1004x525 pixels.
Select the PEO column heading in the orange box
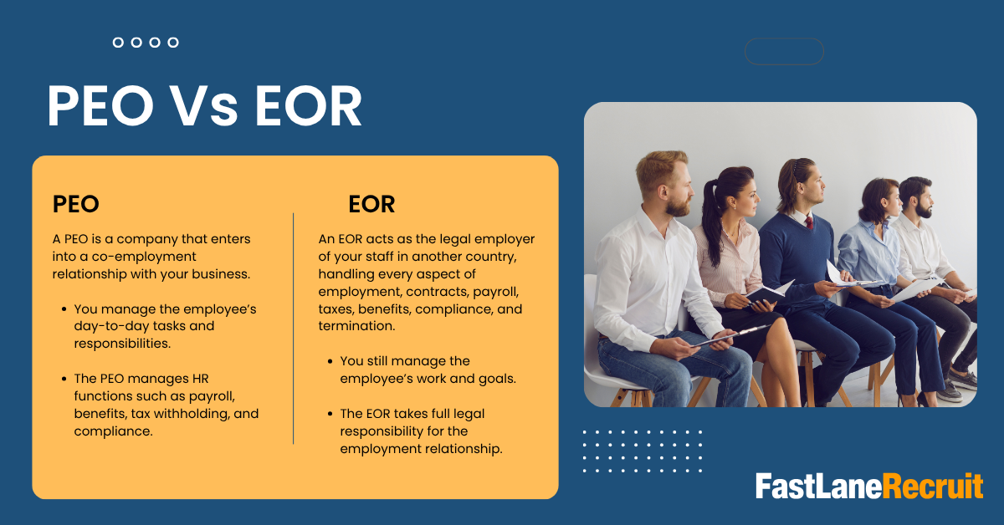76,204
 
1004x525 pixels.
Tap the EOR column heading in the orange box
371,204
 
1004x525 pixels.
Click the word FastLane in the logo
819,486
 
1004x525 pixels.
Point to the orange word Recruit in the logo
933,486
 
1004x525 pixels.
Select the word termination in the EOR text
356,326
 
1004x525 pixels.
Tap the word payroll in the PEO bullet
212,397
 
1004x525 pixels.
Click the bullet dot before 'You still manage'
330,361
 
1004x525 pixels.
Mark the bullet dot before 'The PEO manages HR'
64,379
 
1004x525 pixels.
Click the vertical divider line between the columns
294,329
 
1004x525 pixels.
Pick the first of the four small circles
118,43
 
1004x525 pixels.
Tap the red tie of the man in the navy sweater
809,222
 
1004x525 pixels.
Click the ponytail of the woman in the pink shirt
710,224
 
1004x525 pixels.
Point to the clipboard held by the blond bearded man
730,336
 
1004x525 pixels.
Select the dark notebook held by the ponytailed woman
767,293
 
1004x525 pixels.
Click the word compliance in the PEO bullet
114,431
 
